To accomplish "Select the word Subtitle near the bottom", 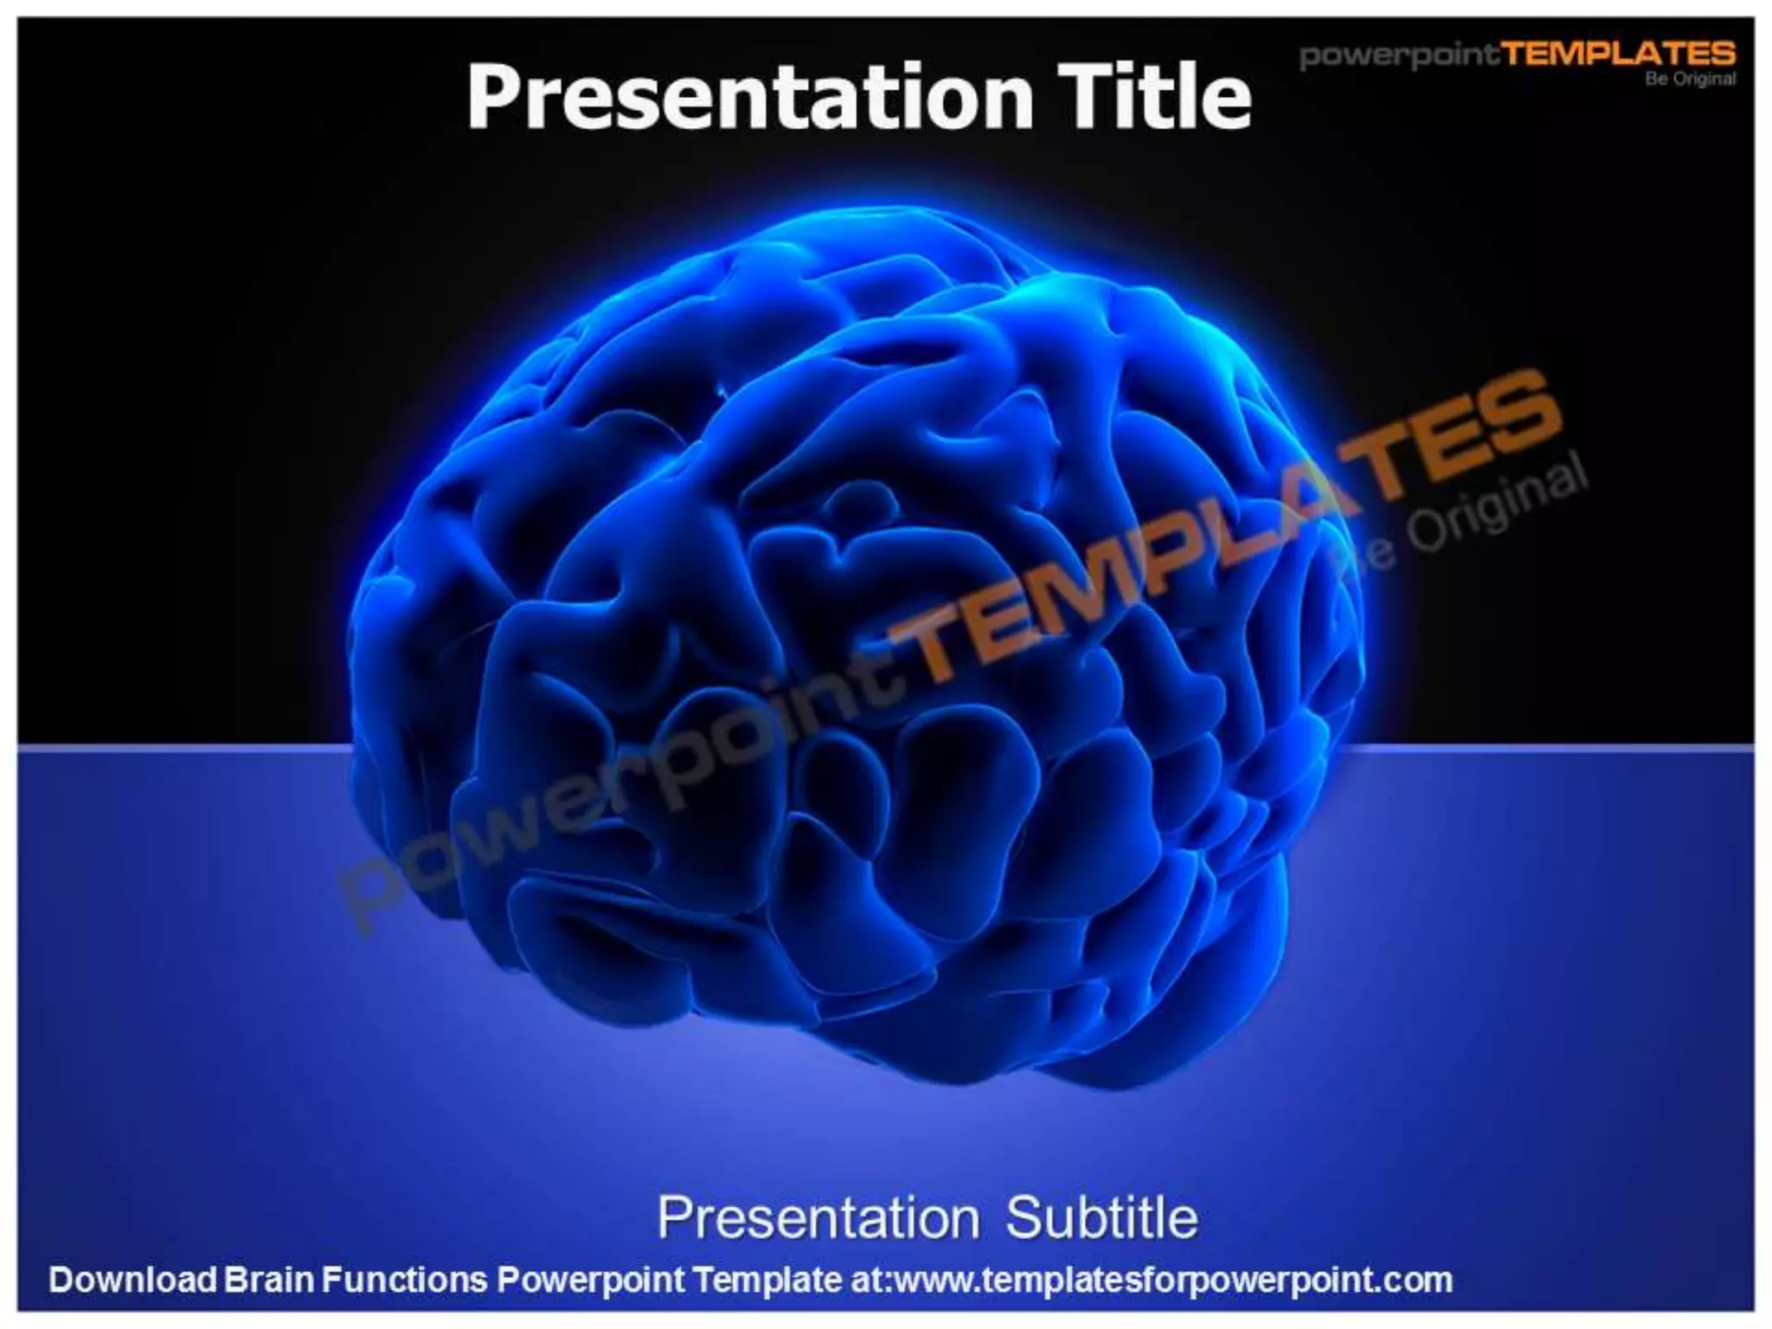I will point(1101,1218).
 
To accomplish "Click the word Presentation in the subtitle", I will point(818,1218).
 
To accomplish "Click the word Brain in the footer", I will point(268,1280).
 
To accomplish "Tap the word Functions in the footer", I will point(405,1280).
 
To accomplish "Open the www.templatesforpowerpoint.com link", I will point(1172,1281).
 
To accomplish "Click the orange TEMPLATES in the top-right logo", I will point(1618,54).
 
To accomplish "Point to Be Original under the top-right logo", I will point(1691,79).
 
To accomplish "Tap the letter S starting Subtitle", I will point(1024,1218).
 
